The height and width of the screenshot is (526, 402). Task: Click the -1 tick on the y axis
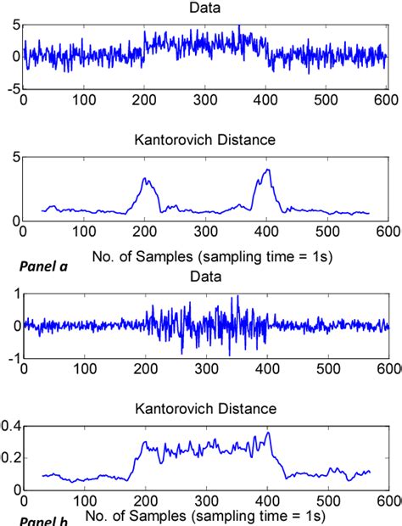pos(11,360)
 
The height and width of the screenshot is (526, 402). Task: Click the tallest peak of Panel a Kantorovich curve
pos(268,170)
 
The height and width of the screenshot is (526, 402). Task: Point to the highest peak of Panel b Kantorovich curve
pos(269,433)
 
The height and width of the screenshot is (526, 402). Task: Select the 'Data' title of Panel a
pos(204,8)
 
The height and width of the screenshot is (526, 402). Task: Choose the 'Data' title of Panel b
pos(204,277)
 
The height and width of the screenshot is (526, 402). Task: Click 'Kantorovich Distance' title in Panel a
pos(204,140)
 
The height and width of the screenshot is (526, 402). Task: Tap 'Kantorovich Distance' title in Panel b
pos(204,409)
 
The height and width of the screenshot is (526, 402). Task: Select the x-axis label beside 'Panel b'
pos(208,516)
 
